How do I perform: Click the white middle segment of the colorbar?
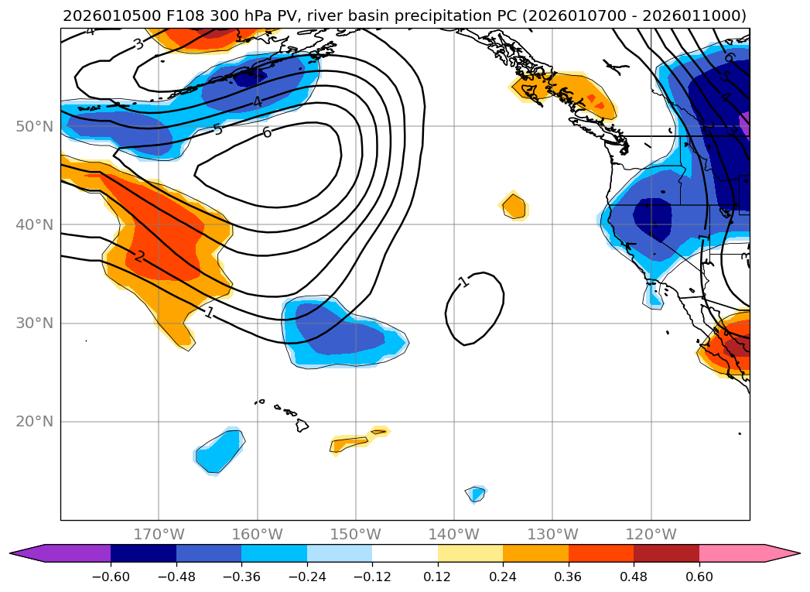(405, 553)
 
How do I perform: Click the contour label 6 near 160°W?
(267, 132)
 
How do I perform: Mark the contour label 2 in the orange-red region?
(139, 256)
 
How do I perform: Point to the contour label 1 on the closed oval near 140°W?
(463, 282)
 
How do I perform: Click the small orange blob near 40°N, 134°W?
(514, 207)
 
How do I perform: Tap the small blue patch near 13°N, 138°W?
(477, 494)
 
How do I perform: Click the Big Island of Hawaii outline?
(302, 425)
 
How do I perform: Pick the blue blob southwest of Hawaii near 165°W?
(219, 450)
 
